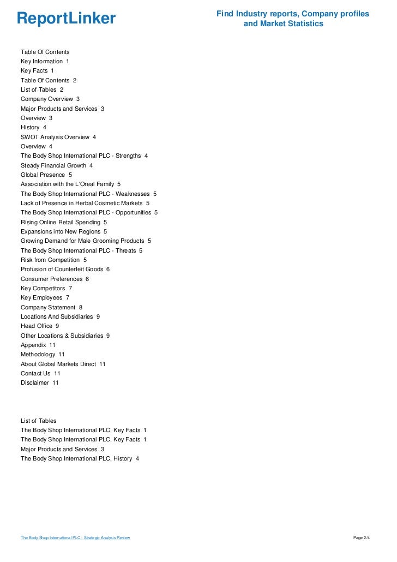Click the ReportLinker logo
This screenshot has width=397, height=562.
[x=66, y=19]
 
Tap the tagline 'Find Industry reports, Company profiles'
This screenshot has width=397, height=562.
[x=292, y=14]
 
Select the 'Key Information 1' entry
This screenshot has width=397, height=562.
[x=45, y=62]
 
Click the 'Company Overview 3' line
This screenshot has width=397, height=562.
[x=50, y=99]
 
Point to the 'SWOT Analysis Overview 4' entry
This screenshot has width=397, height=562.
[x=58, y=137]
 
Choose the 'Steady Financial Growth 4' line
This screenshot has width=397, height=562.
[x=57, y=165]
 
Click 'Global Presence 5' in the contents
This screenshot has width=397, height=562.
[x=46, y=175]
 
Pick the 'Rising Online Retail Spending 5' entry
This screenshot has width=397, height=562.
[x=64, y=222]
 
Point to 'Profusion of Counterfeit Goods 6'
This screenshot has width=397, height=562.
[x=65, y=269]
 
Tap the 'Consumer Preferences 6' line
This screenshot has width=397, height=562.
[x=55, y=279]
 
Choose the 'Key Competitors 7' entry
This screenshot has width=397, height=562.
[x=46, y=288]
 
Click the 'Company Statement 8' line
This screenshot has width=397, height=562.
[x=52, y=307]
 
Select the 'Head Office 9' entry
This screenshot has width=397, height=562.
[x=40, y=326]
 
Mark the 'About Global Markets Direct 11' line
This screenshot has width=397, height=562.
[x=63, y=364]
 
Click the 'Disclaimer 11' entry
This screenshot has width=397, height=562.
[x=40, y=382]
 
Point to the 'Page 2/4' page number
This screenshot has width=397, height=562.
[x=362, y=538]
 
